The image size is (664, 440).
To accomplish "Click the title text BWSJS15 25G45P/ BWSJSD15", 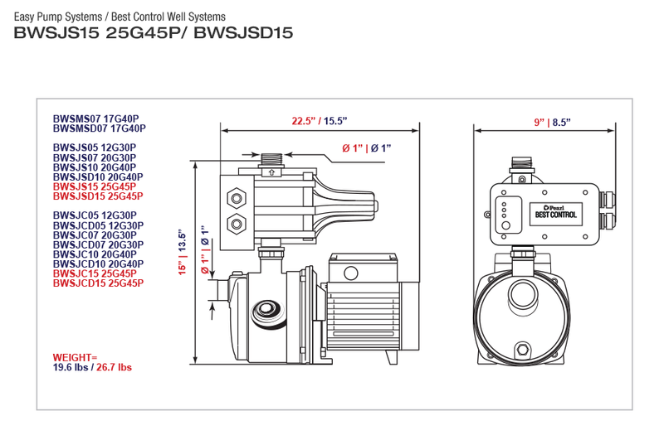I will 154,34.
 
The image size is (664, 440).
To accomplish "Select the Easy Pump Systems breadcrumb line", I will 120,17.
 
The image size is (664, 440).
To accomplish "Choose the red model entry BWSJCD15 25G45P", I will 98,283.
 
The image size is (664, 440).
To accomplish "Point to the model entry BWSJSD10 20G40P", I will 98,176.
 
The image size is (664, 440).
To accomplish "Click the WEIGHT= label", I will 75,357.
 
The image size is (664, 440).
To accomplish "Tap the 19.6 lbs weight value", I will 71,367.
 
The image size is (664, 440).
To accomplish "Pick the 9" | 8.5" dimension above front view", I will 552,122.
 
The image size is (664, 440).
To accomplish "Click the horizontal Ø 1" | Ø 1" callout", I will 366,148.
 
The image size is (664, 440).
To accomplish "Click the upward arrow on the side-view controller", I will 268,174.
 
